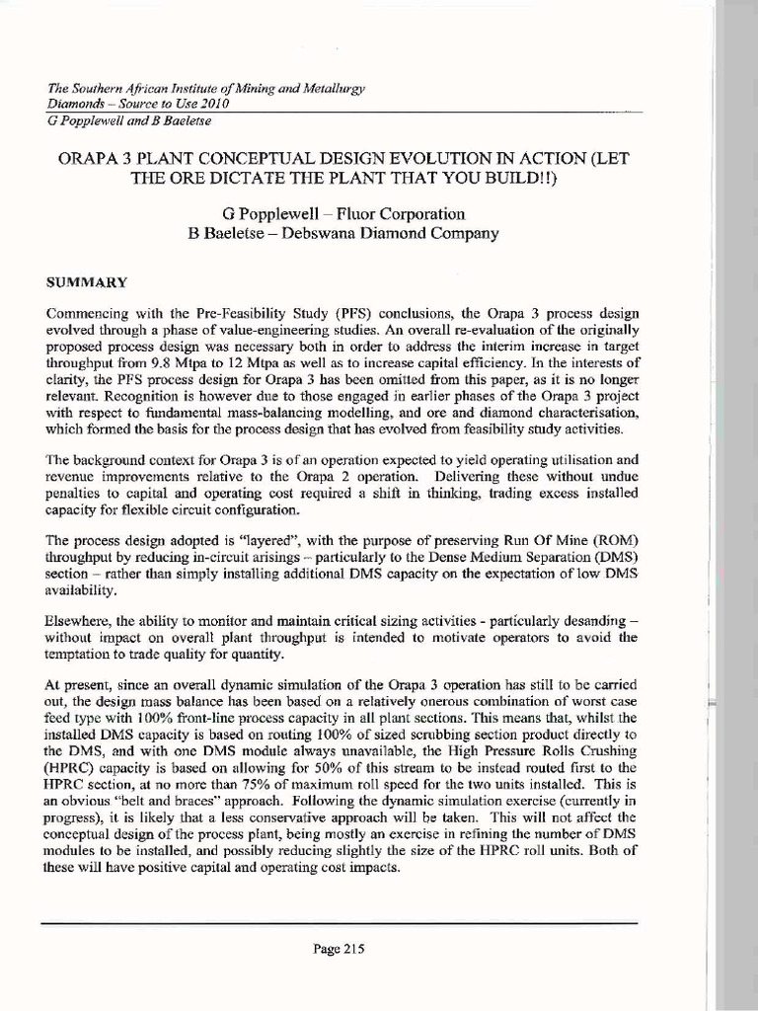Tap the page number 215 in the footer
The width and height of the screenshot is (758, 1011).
(339, 950)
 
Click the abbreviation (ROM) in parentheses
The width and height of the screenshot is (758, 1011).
(617, 542)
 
